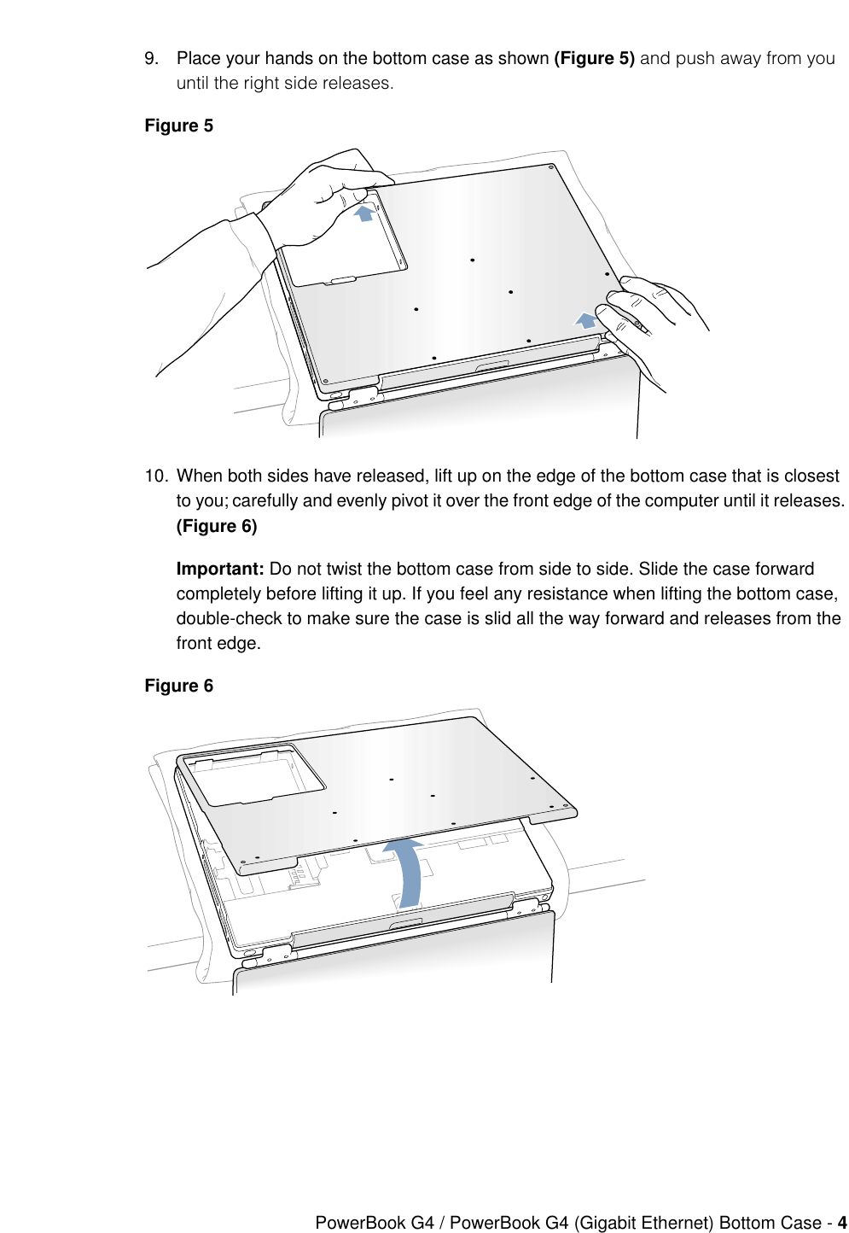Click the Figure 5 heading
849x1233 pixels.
(x=178, y=126)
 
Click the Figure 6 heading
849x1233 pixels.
(x=178, y=686)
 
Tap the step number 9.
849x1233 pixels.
(x=151, y=58)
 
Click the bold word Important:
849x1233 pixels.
(x=219, y=569)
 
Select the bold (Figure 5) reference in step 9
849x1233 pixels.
(x=594, y=58)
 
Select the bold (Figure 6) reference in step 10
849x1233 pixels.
(x=217, y=526)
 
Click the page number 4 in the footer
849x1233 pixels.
(x=841, y=1223)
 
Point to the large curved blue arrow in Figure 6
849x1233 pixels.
(x=407, y=871)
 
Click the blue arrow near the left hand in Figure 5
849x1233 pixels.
(x=364, y=213)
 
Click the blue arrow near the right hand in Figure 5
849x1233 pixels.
(x=585, y=320)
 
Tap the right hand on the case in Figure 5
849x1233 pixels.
(x=648, y=307)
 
